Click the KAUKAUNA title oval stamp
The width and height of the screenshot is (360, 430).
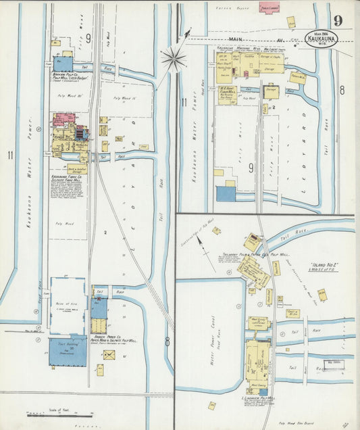(x=321, y=38)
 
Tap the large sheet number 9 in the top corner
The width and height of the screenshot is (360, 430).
(x=337, y=20)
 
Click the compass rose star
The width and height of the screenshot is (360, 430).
(x=174, y=59)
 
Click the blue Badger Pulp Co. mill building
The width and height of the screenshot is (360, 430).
(x=63, y=64)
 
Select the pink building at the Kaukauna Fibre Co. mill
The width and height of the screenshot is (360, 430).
(x=64, y=120)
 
